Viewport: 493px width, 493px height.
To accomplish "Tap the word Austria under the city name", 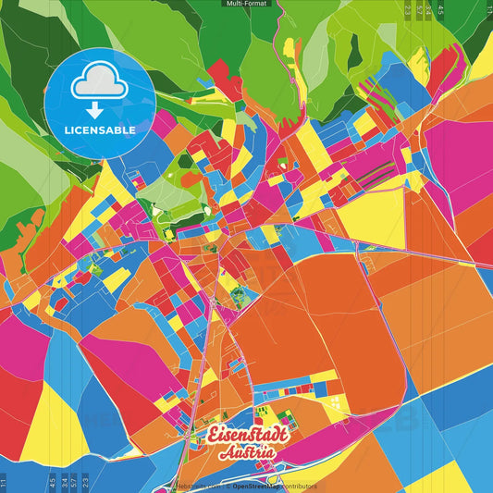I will (x=246, y=453).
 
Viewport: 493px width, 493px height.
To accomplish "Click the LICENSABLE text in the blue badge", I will (x=100, y=129).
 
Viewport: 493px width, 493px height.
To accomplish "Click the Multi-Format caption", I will (x=245, y=4).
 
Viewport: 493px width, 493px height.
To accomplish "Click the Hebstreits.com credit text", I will (x=198, y=486).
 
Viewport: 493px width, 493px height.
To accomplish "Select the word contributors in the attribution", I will (x=300, y=486).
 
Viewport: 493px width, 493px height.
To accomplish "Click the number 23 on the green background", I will (x=408, y=10).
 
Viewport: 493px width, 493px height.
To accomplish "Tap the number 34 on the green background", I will (x=428, y=10).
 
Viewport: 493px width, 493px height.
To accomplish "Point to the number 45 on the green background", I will (x=440, y=10).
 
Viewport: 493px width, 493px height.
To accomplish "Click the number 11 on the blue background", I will (x=4, y=482).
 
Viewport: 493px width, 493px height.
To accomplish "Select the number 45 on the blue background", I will (x=52, y=482).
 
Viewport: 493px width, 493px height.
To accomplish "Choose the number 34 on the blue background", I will (x=64, y=482).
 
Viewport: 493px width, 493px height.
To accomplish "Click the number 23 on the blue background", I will (x=85, y=482).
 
